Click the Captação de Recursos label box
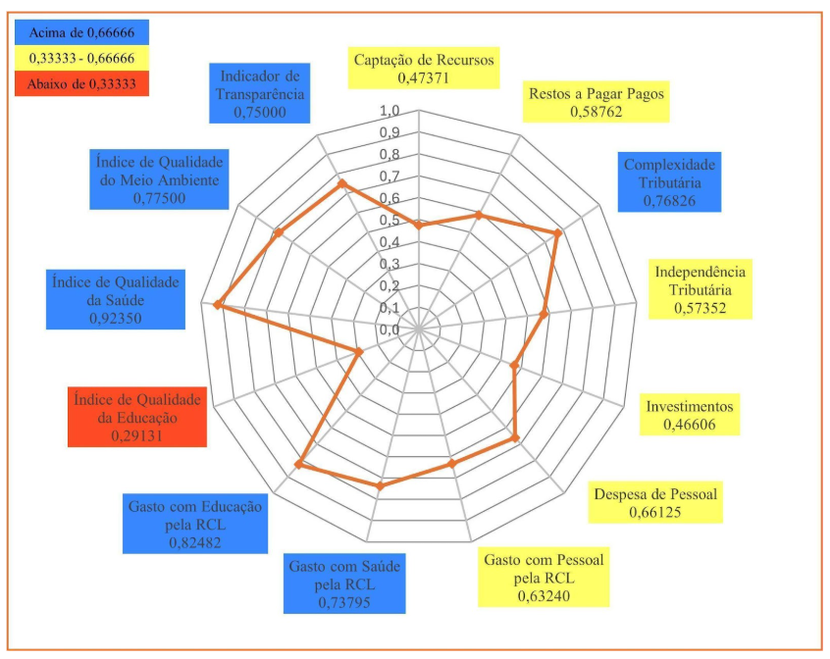(x=424, y=67)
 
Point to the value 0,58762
(x=597, y=112)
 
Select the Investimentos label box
(x=689, y=415)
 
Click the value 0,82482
(x=195, y=541)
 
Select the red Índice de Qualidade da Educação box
(x=137, y=418)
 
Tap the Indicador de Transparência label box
(x=260, y=94)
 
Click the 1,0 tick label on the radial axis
(x=389, y=110)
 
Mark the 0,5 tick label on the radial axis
(x=389, y=220)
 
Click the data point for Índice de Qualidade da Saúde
(x=218, y=307)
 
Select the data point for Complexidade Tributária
(x=557, y=233)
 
